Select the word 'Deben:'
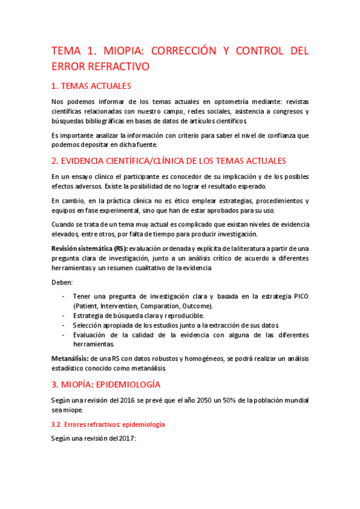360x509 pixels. (62, 282)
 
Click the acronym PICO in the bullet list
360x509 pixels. (298, 296)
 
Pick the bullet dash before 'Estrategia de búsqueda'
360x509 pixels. (64, 315)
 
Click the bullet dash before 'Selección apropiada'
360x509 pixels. (64, 325)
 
